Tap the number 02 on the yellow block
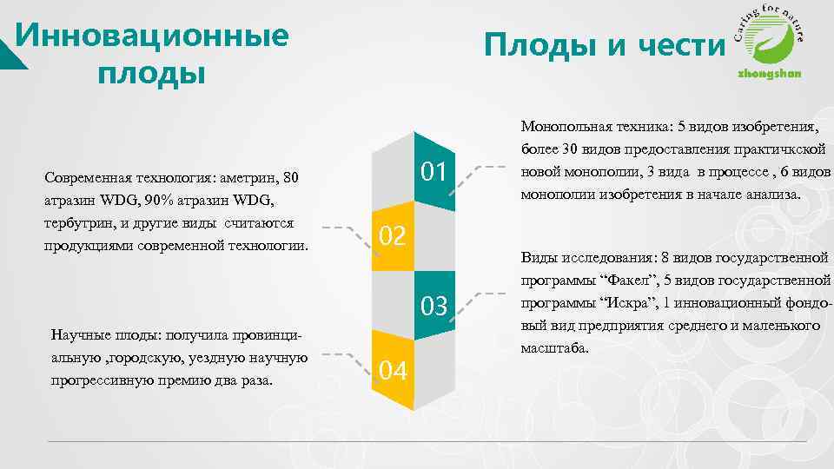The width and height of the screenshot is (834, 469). [x=393, y=234]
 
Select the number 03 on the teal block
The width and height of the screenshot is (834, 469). [x=434, y=307]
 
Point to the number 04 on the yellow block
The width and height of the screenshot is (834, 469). [x=393, y=371]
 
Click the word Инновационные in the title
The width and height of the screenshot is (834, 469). [x=152, y=36]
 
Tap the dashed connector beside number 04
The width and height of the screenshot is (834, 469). [x=343, y=359]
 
